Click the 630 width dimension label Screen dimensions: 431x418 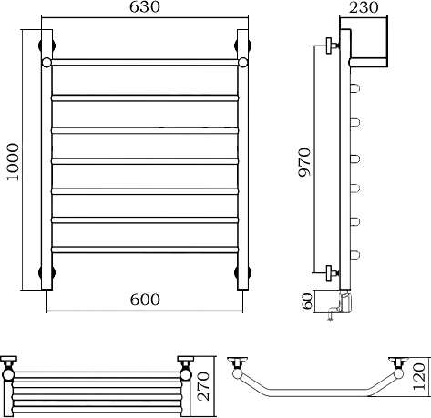(145, 7)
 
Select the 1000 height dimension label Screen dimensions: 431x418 (13, 162)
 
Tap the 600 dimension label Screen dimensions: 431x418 (145, 300)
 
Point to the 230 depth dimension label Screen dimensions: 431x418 (364, 7)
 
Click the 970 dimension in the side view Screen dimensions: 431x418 (304, 162)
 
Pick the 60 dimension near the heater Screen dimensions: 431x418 (308, 301)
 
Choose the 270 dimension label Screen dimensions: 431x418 (204, 386)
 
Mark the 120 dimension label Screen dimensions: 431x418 (419, 376)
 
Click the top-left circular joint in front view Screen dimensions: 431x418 (46, 62)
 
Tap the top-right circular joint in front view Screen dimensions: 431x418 (243, 62)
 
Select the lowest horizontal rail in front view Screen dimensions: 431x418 (145, 250)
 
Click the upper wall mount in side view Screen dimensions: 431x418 (332, 46)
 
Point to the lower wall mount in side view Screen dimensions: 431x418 (332, 273)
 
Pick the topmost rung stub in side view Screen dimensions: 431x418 (355, 88)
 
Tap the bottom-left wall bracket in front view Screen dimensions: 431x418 (46, 272)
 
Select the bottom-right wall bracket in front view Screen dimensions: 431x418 (243, 272)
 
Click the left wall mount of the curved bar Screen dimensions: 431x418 (237, 362)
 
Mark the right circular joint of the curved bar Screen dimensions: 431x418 (398, 373)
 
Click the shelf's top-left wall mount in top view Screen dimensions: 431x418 (8, 361)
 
